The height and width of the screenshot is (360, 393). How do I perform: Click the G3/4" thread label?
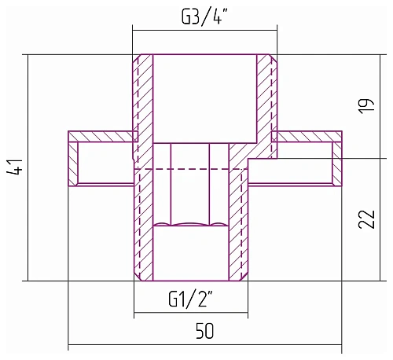click(x=204, y=17)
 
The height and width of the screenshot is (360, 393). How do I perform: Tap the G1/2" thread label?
click(x=190, y=299)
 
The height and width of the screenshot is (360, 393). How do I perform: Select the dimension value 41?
click(x=14, y=167)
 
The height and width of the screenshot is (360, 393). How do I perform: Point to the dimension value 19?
click(x=366, y=106)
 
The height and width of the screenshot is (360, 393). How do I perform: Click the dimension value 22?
click(x=367, y=219)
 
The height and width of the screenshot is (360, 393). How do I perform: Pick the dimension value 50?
click(x=205, y=331)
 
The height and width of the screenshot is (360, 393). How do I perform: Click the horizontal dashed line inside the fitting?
click(x=191, y=169)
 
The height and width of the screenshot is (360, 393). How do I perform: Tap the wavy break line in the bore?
click(x=190, y=224)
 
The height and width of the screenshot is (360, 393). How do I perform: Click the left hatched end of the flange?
click(x=73, y=163)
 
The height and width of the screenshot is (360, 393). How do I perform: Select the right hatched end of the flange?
click(x=337, y=163)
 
